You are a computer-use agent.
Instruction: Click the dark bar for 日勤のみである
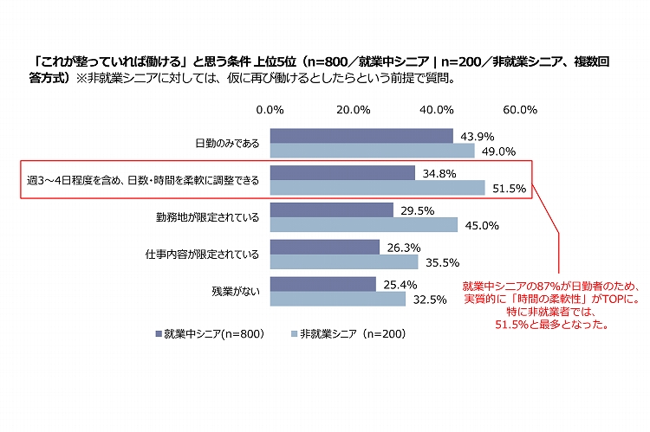(x=361, y=136)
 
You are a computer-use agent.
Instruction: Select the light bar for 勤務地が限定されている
(x=364, y=225)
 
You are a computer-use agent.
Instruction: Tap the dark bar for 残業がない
(x=323, y=284)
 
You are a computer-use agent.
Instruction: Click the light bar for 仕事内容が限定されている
(x=344, y=262)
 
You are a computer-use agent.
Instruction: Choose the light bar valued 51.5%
(x=377, y=188)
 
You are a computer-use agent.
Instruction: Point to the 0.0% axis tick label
(x=271, y=110)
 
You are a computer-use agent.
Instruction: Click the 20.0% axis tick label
(x=354, y=110)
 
